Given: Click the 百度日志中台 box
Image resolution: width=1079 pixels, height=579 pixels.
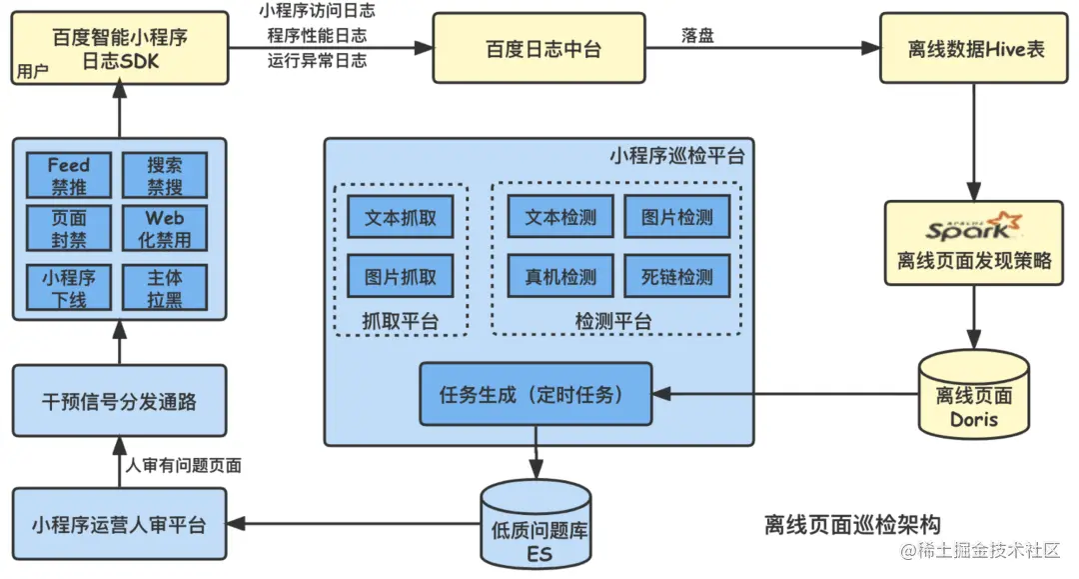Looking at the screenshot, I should (543, 48).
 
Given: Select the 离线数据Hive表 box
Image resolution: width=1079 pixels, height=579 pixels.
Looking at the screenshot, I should (975, 48).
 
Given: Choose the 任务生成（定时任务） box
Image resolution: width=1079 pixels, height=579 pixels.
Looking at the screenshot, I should (537, 395).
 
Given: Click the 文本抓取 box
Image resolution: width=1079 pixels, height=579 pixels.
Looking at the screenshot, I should (400, 218).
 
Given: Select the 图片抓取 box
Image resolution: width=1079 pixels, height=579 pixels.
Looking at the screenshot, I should (400, 276).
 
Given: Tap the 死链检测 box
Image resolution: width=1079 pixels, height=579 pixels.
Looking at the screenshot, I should (676, 276).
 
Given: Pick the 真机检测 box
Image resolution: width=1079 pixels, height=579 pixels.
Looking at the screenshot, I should (560, 276).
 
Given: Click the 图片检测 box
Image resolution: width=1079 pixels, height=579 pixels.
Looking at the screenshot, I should (676, 218).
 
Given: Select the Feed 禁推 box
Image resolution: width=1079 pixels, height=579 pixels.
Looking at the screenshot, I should (69, 176).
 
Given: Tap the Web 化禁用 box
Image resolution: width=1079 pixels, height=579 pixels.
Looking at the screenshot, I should (165, 229).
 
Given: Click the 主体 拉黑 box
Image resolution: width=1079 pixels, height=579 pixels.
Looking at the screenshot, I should (165, 287).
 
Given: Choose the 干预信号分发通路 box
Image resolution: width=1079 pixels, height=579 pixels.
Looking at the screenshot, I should (119, 401).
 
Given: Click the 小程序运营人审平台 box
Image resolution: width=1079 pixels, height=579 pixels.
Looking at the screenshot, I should (119, 524).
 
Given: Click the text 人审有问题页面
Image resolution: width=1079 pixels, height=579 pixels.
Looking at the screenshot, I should (183, 465).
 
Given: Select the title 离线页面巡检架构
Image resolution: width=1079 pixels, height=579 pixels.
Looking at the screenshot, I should (851, 523).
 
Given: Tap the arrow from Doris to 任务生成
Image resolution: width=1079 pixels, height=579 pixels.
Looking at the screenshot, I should (783, 395).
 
